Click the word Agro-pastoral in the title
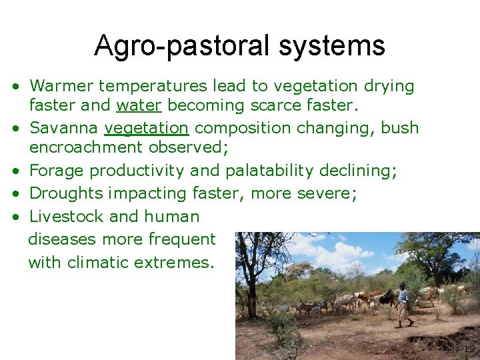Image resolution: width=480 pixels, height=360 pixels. coord(181,46)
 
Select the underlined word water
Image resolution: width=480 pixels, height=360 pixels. coord(140,105)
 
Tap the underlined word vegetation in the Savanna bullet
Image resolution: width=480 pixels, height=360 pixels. coord(147,127)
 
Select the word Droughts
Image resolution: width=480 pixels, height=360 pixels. coord(66,193)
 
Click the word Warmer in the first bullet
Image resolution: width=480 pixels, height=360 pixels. coord(61,86)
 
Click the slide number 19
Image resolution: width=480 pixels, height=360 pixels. coord(469,349)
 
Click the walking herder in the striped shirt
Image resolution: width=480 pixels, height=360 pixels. coord(403,306)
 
